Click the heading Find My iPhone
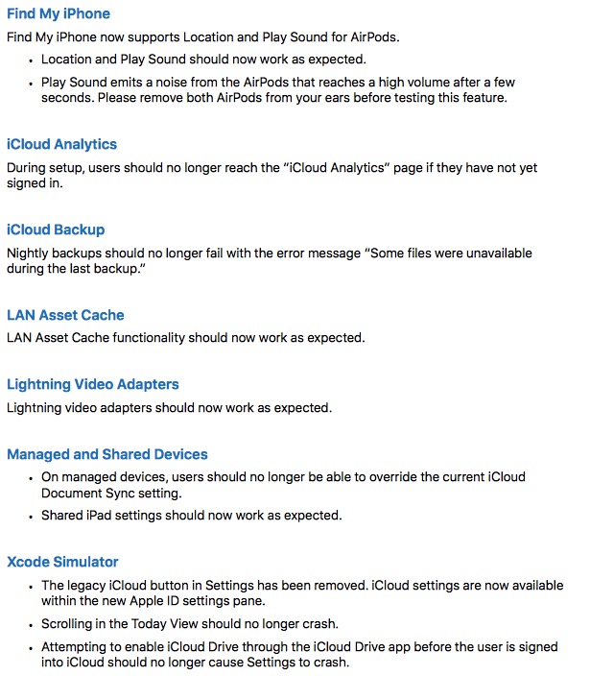(59, 14)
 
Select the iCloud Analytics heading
(61, 145)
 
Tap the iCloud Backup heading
(56, 230)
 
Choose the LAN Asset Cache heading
(65, 316)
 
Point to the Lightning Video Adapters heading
(93, 385)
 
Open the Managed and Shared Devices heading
(107, 455)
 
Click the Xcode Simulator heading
(62, 563)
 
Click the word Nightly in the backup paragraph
(28, 253)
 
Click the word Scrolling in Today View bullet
(70, 623)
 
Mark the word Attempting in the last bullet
(76, 647)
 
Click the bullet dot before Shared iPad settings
(31, 516)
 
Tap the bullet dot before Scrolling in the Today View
(31, 623)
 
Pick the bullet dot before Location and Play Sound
(31, 60)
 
